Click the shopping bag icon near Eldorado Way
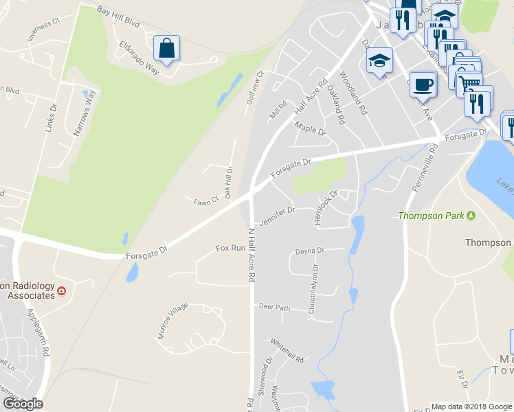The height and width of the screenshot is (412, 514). [x=166, y=48]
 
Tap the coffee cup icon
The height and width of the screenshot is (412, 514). [x=423, y=84]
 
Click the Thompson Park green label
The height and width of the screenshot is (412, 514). [x=432, y=216]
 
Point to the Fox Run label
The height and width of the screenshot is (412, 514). [x=230, y=248]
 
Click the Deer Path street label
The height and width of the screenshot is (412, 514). [x=275, y=307]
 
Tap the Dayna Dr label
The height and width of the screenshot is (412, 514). [x=309, y=251]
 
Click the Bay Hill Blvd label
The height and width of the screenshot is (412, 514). [x=119, y=17]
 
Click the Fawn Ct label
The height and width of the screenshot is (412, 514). [x=205, y=200]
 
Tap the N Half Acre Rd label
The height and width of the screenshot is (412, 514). [x=252, y=255]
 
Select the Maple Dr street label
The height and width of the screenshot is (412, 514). [x=309, y=128]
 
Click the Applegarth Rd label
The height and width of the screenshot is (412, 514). [x=38, y=331]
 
